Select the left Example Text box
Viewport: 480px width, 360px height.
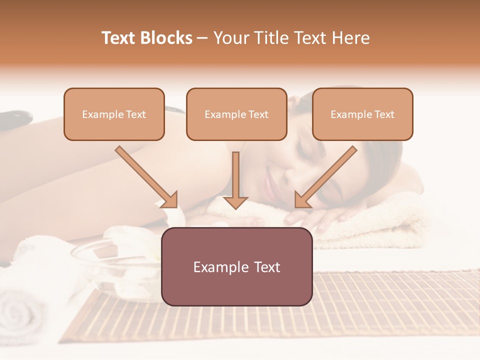(x=114, y=114)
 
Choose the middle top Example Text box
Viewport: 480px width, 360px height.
(x=236, y=114)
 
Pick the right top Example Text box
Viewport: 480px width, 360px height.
(x=362, y=114)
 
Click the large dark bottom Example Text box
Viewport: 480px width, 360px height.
(x=236, y=267)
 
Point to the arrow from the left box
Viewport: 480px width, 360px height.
(x=146, y=176)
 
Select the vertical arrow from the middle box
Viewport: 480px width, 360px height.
(x=235, y=180)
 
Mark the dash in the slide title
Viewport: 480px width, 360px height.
(x=202, y=38)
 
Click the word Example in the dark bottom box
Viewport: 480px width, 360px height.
(x=216, y=267)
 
